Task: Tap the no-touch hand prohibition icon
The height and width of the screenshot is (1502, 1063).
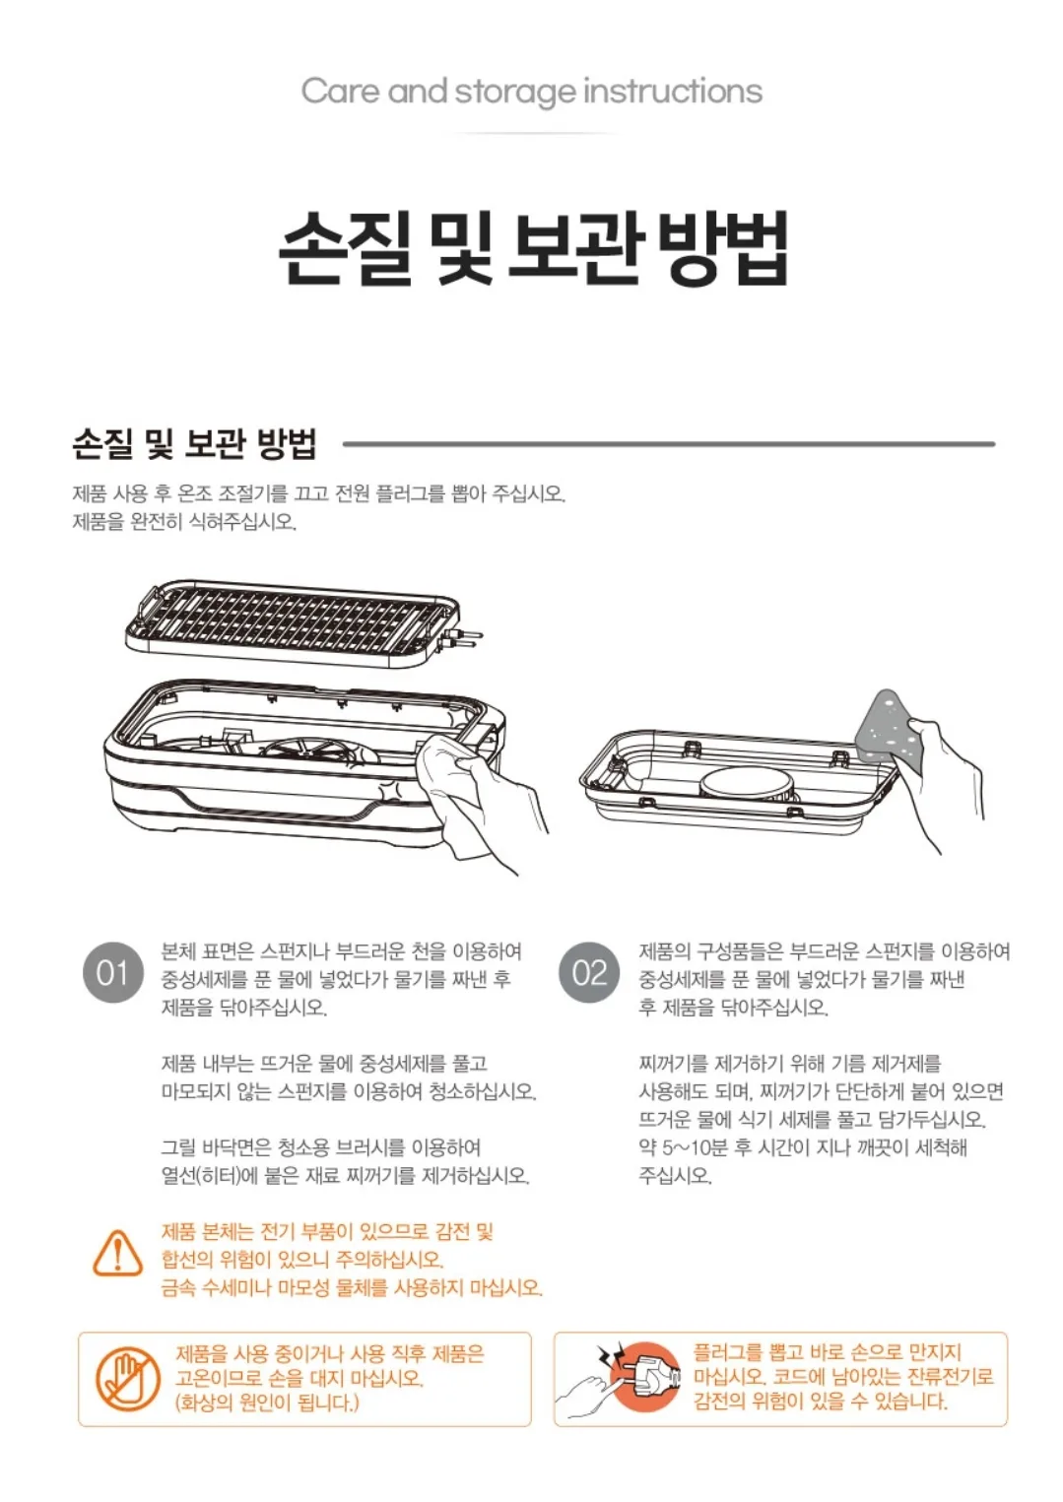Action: [x=127, y=1379]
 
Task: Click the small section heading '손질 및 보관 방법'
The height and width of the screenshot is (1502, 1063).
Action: [x=194, y=443]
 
